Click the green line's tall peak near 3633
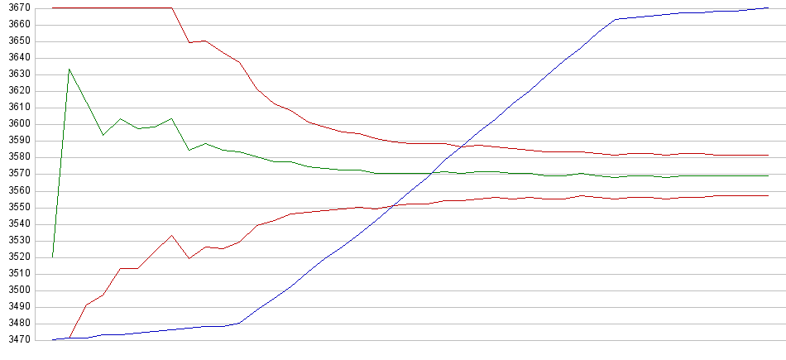69,69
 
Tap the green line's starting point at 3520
52,257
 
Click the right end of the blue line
769,8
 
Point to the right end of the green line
769,175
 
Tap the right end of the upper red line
769,156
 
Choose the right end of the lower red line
769,195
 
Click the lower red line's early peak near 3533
171,236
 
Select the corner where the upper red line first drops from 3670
171,8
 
